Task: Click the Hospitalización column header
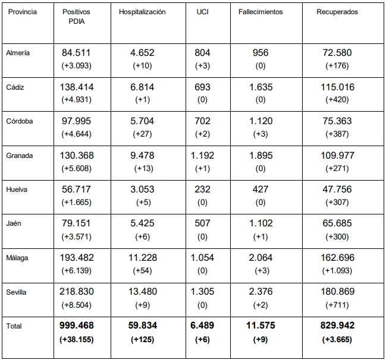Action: (x=142, y=12)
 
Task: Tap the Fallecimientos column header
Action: (x=261, y=12)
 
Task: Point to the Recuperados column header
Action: (x=337, y=12)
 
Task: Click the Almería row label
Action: (x=18, y=53)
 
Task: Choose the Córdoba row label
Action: (x=20, y=121)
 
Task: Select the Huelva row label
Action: (x=17, y=190)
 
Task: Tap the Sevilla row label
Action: (x=17, y=292)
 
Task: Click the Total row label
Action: (x=14, y=326)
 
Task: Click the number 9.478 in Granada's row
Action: (x=142, y=156)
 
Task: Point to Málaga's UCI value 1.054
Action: (x=203, y=258)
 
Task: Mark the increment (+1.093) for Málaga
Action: (x=337, y=271)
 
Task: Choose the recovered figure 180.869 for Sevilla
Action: (x=337, y=292)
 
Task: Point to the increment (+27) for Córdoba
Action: (x=142, y=134)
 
